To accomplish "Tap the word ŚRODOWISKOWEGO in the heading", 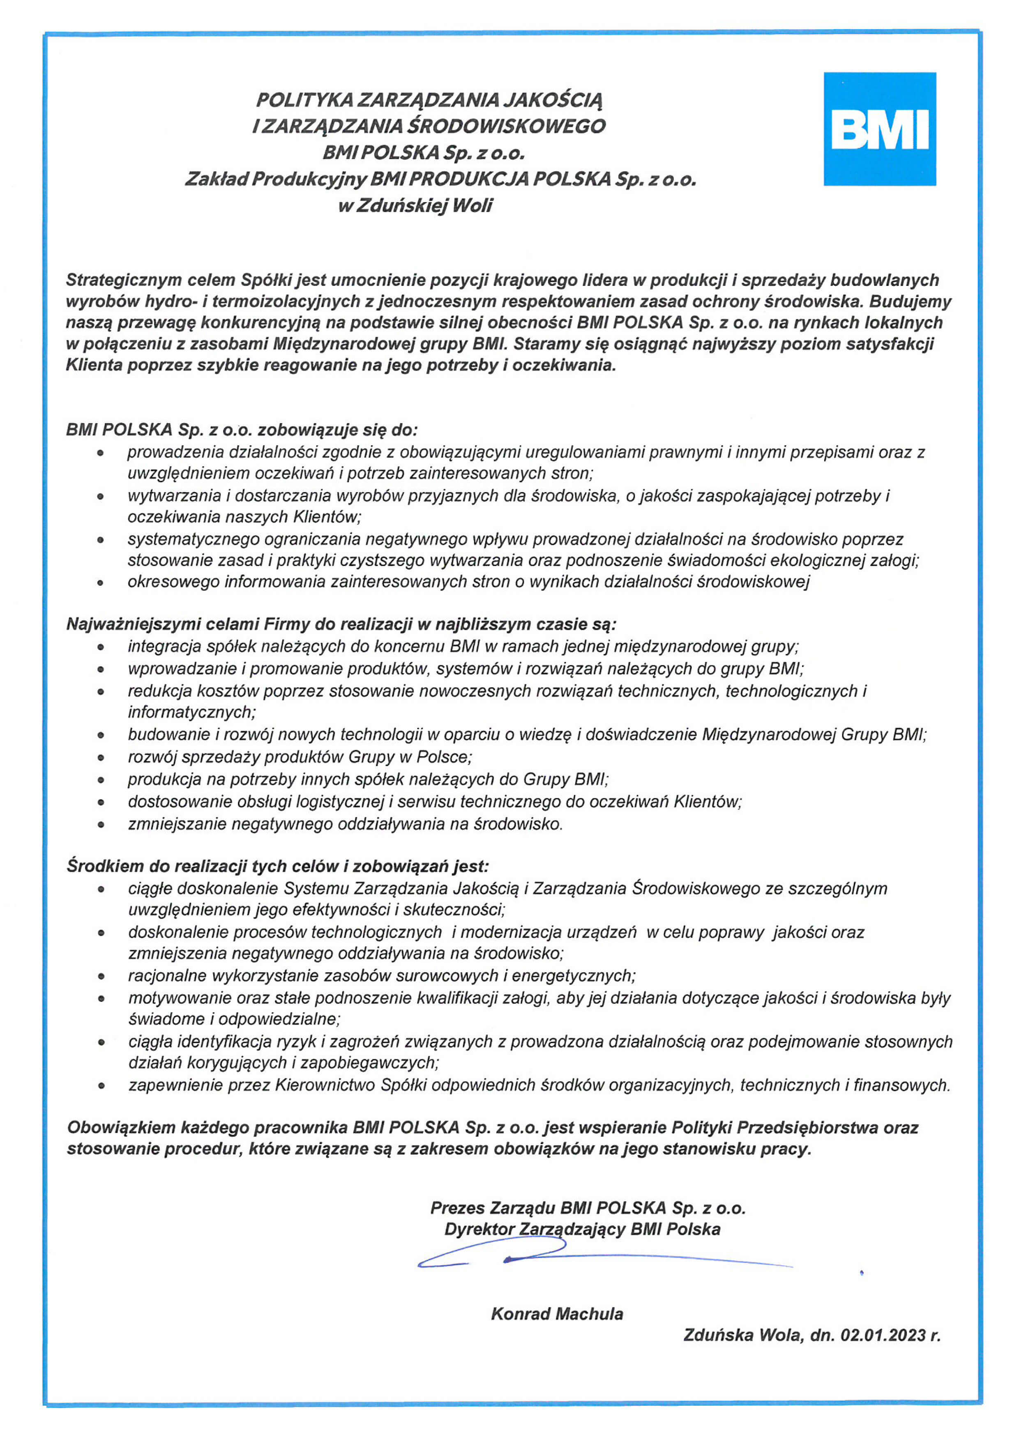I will tap(507, 126).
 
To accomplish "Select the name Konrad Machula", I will tap(557, 1314).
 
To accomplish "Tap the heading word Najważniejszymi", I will tap(129, 624).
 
